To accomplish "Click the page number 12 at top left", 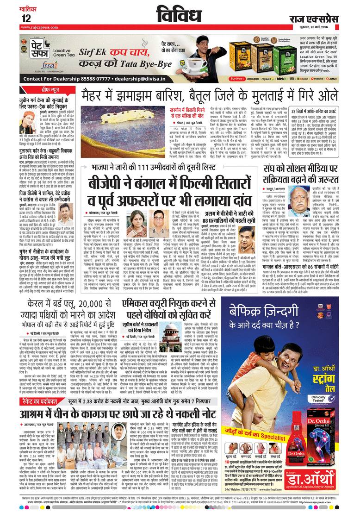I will pyautogui.click(x=26, y=18).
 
